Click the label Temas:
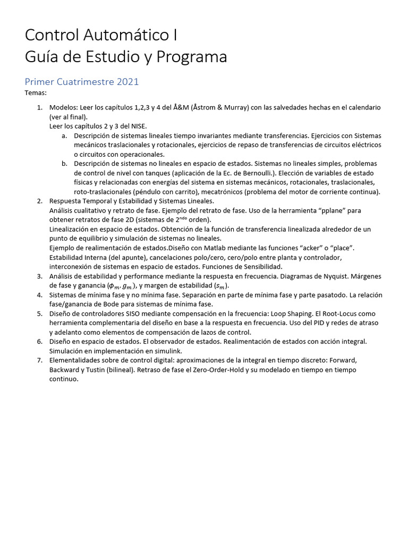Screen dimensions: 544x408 (x=36, y=93)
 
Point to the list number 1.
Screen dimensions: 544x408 (x=39, y=107)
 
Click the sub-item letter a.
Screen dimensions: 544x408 (x=64, y=135)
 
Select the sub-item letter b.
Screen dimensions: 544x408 (x=64, y=164)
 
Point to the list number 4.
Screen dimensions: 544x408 (x=39, y=295)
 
